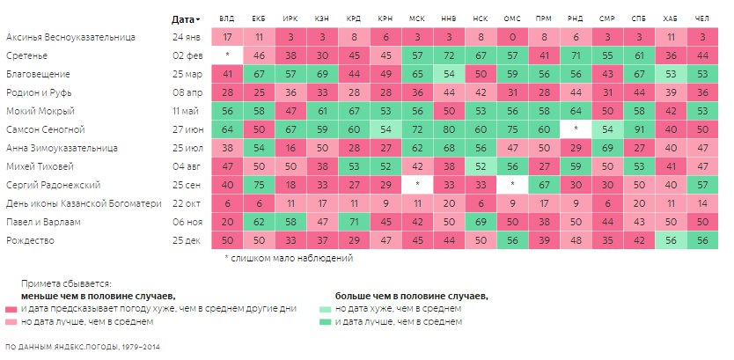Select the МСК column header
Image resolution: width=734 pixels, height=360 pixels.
[x=416, y=18]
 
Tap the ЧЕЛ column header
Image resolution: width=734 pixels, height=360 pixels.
[x=701, y=18]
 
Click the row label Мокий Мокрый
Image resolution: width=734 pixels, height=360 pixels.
[x=40, y=111]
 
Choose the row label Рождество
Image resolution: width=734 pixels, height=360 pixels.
[x=30, y=240]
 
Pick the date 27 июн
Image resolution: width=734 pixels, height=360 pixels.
[x=187, y=129]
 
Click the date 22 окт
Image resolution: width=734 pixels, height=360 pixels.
[x=187, y=203]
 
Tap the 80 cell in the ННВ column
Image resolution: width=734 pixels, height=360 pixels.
[x=448, y=129]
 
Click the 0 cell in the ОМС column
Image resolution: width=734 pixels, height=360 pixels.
[x=511, y=38]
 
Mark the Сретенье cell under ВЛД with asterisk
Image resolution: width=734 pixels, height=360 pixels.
[x=227, y=55]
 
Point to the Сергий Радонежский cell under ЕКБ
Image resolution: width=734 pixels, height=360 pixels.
[x=259, y=185]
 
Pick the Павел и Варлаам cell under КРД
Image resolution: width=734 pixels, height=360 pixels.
[x=353, y=222]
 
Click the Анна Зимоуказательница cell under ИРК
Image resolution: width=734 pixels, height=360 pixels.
[x=290, y=148]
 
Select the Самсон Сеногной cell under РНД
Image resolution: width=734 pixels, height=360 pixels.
[x=575, y=129]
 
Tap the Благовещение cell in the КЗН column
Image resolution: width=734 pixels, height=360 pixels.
[x=321, y=74]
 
